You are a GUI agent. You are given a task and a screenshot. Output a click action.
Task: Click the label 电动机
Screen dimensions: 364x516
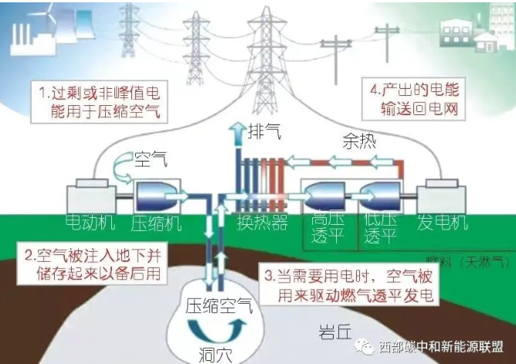[90, 224]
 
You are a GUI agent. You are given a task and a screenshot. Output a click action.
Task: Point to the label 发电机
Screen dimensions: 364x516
[443, 224]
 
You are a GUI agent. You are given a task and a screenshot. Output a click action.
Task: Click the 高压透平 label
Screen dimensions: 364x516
[326, 228]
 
